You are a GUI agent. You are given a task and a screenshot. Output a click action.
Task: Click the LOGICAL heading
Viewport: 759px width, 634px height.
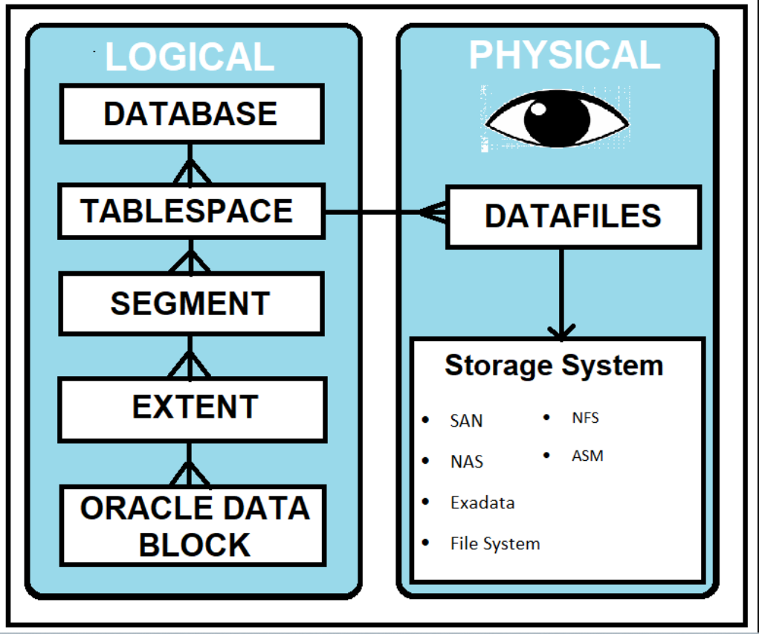coord(190,58)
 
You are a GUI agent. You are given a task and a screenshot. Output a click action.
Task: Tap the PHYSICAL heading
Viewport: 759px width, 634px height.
coord(564,55)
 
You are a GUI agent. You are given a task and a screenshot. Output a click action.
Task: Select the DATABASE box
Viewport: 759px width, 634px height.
coord(191,114)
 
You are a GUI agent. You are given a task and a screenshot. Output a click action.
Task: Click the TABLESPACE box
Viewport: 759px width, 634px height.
coord(191,212)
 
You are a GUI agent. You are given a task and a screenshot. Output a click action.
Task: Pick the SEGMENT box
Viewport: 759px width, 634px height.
coord(191,303)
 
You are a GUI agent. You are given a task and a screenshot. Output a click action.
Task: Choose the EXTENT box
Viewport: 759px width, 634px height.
coord(193,407)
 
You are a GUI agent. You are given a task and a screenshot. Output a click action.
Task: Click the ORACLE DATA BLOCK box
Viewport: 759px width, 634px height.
coord(193,525)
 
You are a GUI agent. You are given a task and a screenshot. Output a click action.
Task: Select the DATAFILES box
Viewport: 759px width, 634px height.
coord(572,216)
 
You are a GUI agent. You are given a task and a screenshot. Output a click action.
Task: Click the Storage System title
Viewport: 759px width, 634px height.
coord(554,366)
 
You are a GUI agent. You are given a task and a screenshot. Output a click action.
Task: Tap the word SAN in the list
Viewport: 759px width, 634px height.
coord(466,421)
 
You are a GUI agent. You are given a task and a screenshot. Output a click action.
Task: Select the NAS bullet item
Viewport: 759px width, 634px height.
coord(466,462)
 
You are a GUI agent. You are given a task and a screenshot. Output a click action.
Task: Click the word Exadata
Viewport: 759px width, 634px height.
coord(482,502)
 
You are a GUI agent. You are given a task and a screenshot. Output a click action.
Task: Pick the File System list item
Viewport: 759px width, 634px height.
coord(494,543)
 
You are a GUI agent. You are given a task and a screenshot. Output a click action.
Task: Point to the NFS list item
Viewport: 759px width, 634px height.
coord(585,418)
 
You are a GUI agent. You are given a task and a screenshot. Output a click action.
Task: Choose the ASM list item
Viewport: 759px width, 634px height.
coord(587,456)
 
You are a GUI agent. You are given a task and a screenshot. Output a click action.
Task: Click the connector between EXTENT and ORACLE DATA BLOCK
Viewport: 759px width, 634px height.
coord(191,464)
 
